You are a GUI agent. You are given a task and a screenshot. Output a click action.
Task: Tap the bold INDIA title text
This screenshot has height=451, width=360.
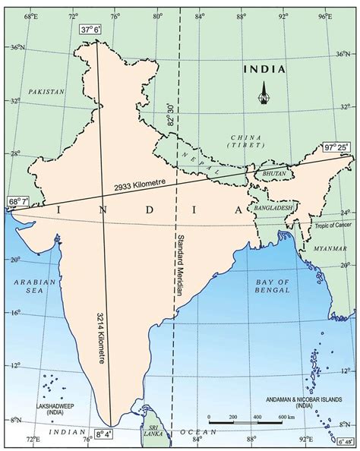tap(264, 69)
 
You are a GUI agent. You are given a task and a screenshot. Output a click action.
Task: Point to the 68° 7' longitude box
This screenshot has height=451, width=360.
tap(18, 202)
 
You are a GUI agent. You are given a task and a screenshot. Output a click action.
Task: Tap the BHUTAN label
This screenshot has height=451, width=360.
tap(272, 174)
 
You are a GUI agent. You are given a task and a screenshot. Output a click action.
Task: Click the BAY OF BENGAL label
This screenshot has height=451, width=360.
tap(272, 285)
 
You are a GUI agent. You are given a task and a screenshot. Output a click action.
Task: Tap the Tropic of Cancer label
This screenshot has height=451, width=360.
tap(333, 226)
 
